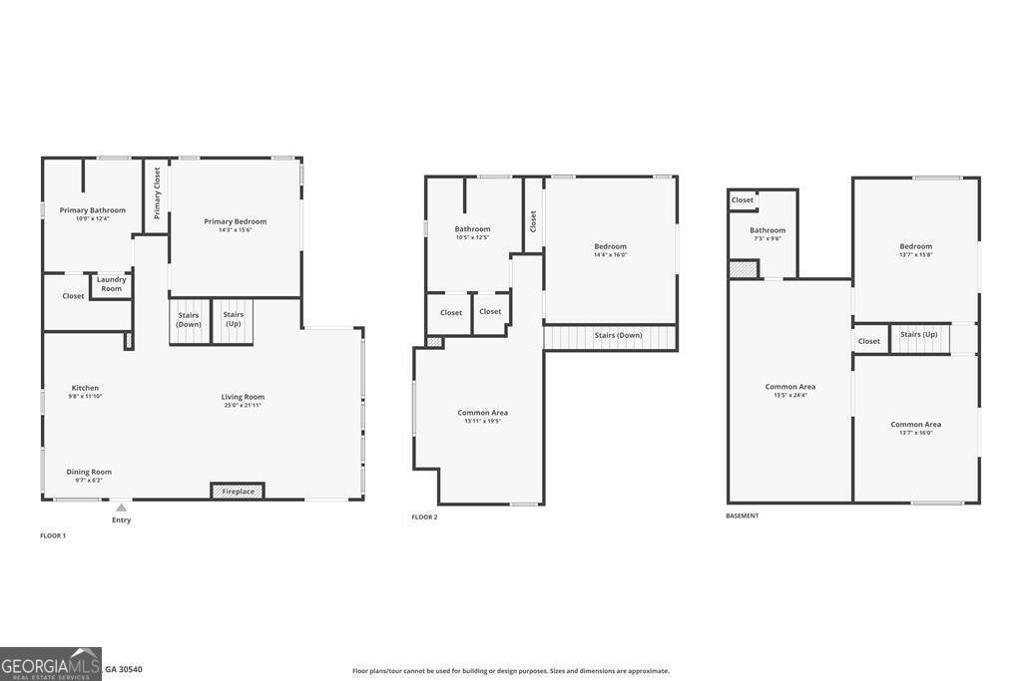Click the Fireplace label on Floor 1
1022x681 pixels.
click(x=238, y=492)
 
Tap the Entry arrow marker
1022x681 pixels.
click(x=121, y=508)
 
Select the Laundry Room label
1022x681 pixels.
click(x=111, y=284)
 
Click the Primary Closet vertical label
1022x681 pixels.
click(x=157, y=192)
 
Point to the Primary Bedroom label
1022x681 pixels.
click(x=236, y=221)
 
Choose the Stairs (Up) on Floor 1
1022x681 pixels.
click(x=233, y=319)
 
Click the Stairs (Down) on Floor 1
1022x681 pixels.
click(x=189, y=319)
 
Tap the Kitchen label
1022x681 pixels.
click(x=85, y=388)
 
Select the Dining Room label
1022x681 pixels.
click(x=89, y=472)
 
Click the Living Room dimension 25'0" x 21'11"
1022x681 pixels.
click(x=243, y=405)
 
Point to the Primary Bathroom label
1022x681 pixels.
click(x=93, y=210)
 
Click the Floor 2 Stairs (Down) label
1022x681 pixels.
click(x=618, y=335)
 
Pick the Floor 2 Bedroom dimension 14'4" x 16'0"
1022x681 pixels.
click(x=610, y=255)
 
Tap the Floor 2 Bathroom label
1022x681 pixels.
click(x=472, y=229)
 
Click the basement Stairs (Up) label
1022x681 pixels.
click(x=918, y=334)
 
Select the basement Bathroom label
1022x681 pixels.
click(x=767, y=230)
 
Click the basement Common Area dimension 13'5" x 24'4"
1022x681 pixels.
click(x=790, y=395)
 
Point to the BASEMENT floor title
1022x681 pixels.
click(x=742, y=516)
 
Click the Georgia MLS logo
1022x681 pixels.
click(x=51, y=663)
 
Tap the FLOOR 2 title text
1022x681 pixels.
click(x=424, y=516)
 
